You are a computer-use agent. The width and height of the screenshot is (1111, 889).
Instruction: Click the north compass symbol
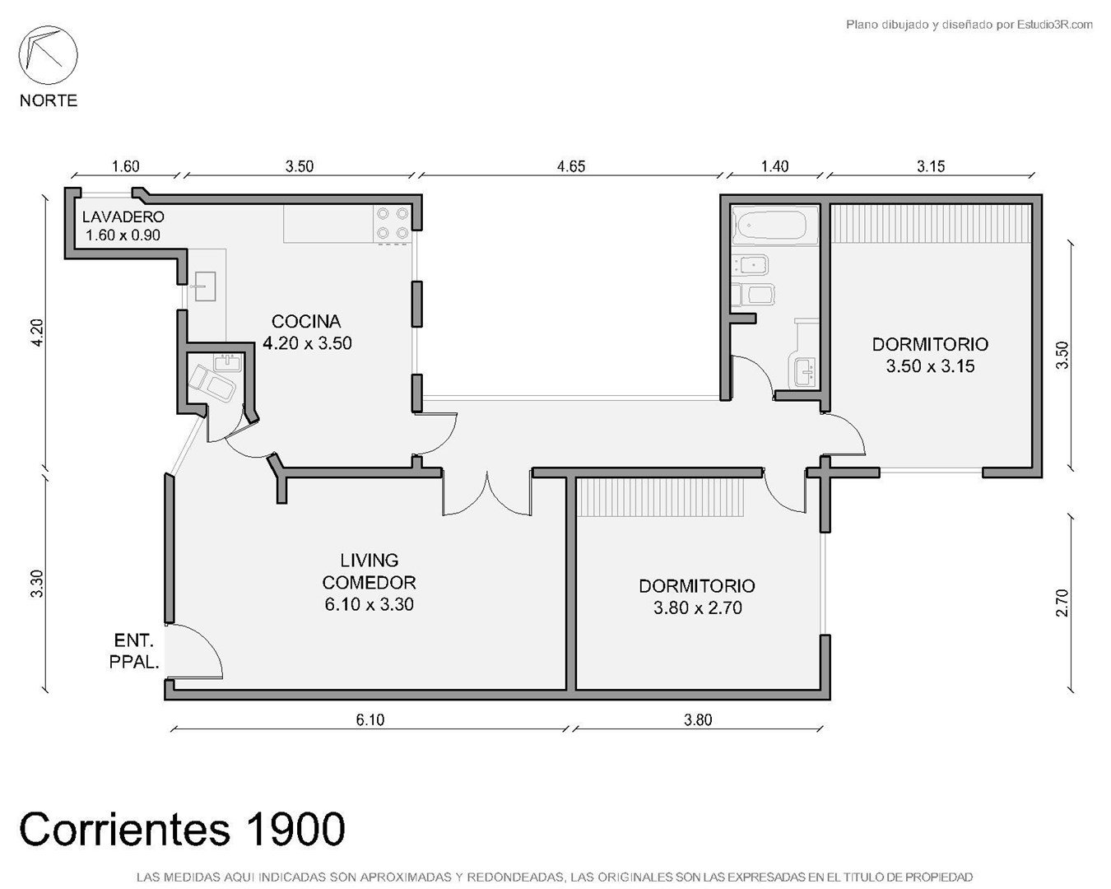(48, 55)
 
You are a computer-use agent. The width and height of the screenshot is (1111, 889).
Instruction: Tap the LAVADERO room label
(123, 217)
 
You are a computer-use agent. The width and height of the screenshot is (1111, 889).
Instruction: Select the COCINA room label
(306, 322)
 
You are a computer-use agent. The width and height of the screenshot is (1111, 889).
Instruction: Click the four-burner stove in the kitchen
(393, 224)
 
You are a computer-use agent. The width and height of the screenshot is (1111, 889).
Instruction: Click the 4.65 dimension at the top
(571, 166)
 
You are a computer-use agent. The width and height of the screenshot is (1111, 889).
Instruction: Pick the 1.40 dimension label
(775, 166)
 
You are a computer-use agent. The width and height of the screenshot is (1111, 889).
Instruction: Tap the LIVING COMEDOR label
(370, 570)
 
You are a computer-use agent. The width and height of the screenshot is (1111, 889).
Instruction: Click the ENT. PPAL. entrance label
(134, 651)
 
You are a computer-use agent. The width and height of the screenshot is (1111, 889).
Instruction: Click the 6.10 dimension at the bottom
(370, 720)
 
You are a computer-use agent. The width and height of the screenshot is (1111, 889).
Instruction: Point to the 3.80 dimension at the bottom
(698, 720)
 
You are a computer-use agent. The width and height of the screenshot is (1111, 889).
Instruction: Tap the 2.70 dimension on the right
(1062, 603)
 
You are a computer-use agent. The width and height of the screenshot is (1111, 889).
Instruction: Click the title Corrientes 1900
(182, 829)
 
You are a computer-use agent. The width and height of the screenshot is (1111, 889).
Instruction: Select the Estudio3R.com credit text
(1055, 24)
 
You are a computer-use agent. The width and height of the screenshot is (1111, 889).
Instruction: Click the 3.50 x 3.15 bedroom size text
(930, 366)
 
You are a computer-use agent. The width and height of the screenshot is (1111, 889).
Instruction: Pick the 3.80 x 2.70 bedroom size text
(698, 608)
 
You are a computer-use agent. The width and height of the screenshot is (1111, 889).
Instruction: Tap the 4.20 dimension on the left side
(37, 333)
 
